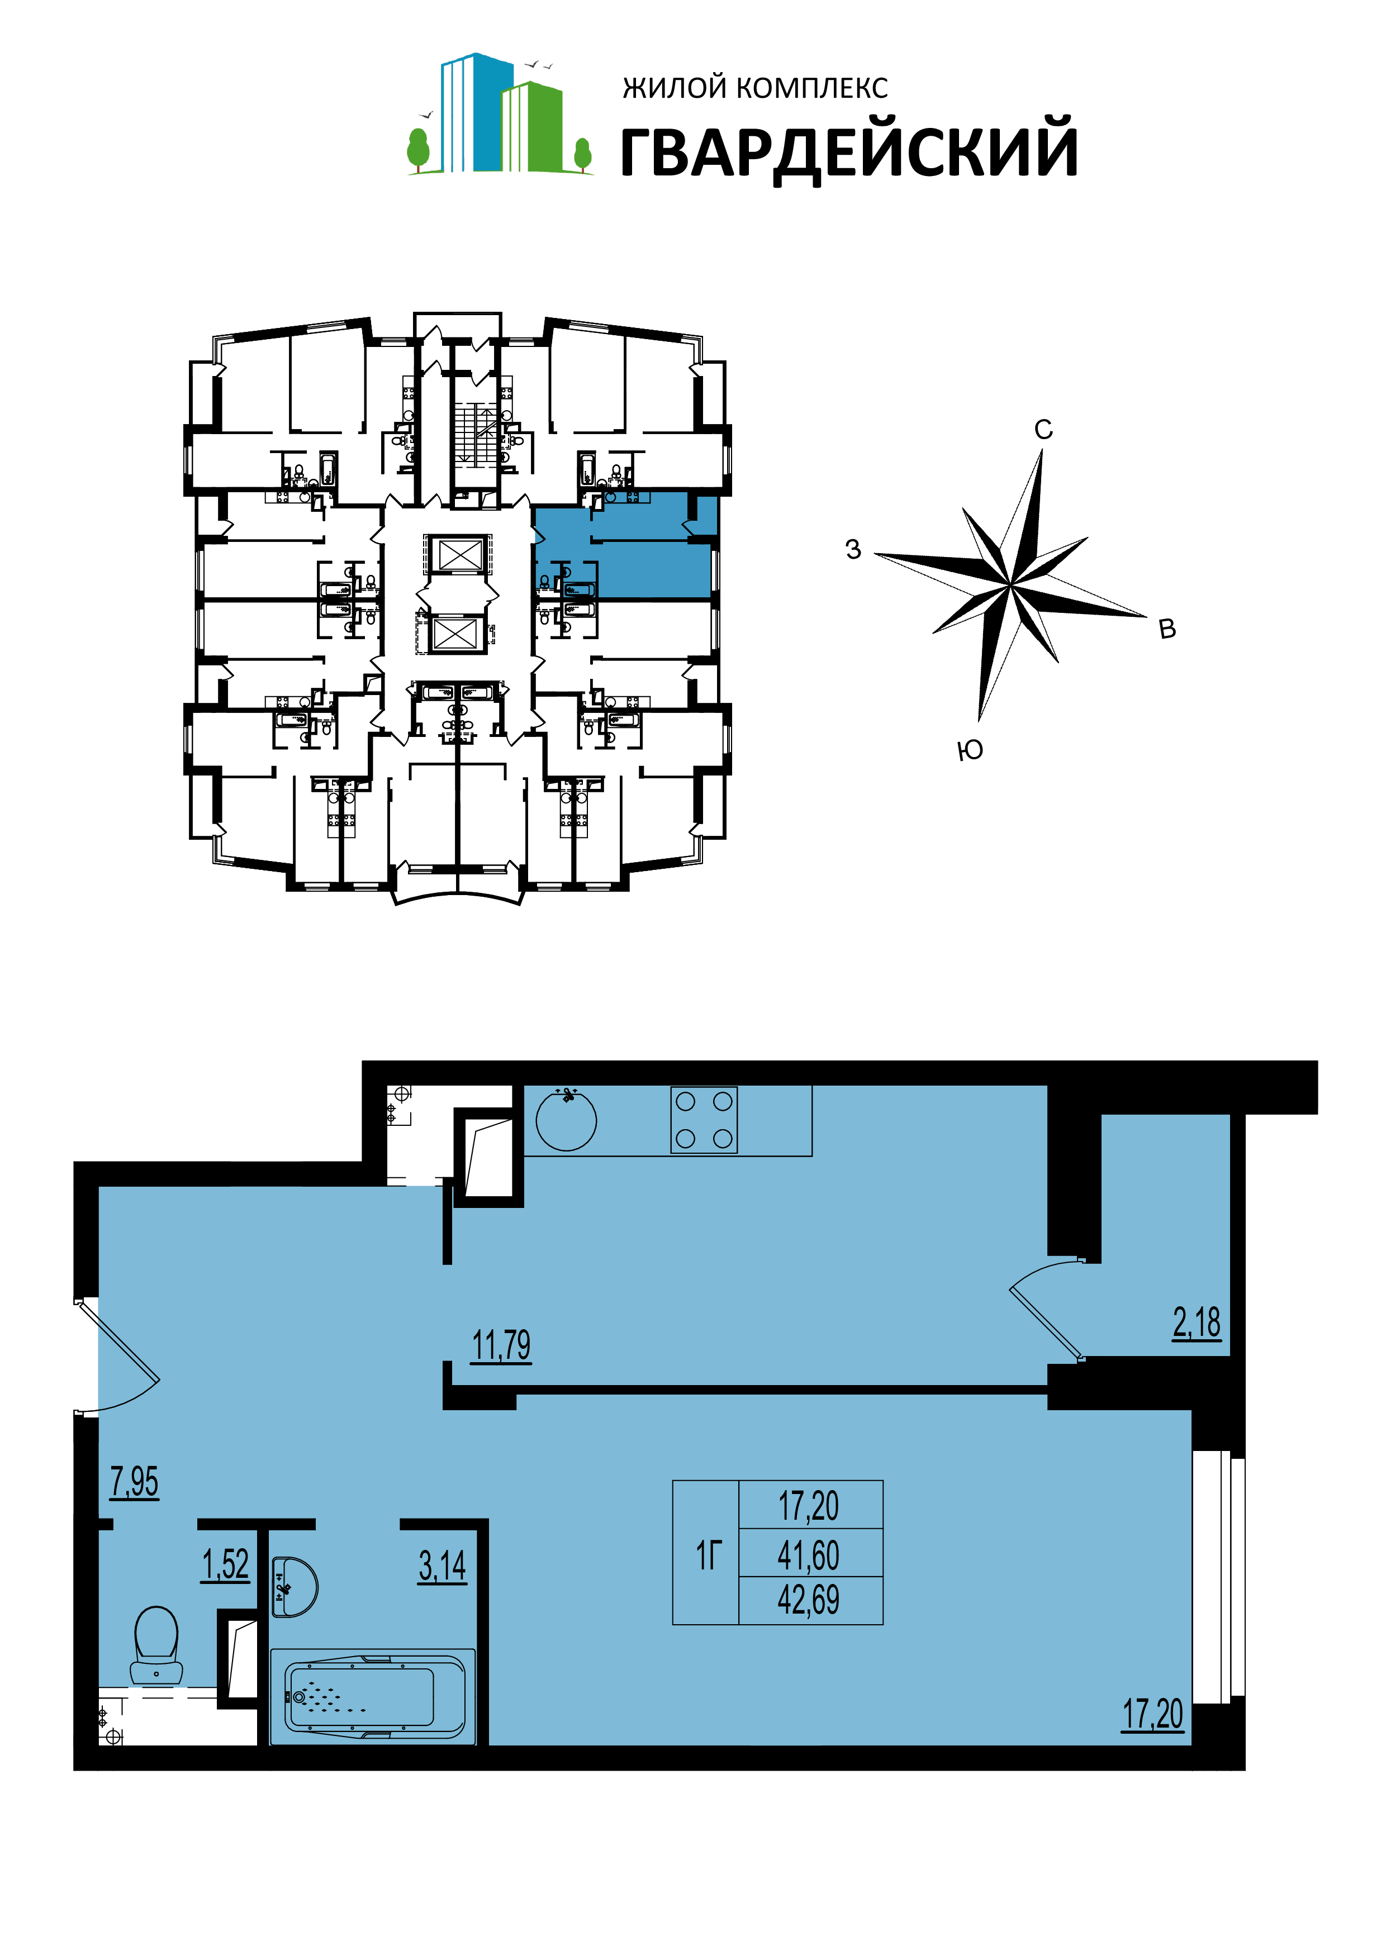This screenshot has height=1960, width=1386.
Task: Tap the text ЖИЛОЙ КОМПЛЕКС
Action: click(x=756, y=87)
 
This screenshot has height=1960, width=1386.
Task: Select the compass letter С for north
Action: click(x=1043, y=430)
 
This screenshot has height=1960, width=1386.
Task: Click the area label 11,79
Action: click(x=501, y=1345)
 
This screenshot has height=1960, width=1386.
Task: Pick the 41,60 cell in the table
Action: click(x=809, y=1555)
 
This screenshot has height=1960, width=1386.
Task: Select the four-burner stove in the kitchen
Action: click(x=704, y=1120)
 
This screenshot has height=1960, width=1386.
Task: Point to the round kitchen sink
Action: click(x=566, y=1120)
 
